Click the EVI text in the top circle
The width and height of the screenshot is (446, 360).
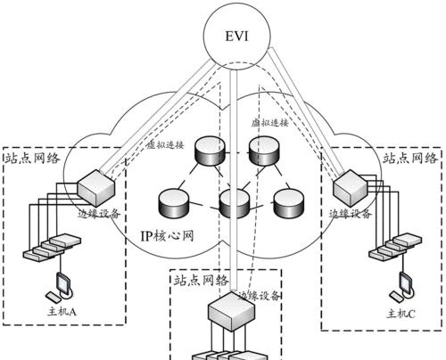(x=236, y=37)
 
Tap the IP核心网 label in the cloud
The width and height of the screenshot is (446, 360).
(x=167, y=236)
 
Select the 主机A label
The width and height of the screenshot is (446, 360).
(x=62, y=311)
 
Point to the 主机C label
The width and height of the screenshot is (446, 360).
(x=401, y=314)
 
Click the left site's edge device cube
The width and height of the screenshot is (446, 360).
(x=95, y=188)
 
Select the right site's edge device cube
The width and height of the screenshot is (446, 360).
(x=351, y=188)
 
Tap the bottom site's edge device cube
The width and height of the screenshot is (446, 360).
(x=231, y=311)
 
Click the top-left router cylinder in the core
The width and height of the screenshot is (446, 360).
(x=210, y=151)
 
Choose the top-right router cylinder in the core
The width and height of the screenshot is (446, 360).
(x=264, y=151)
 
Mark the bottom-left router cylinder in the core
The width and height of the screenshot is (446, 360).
(x=174, y=203)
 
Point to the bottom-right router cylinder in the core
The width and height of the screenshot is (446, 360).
(x=288, y=203)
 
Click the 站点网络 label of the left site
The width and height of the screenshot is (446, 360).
(x=32, y=158)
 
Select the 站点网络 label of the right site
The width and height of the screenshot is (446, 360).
(x=410, y=158)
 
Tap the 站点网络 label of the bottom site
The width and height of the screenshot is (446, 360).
(x=202, y=280)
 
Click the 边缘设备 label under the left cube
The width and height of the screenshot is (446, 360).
(x=99, y=214)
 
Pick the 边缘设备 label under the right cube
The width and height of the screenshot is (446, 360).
(x=351, y=214)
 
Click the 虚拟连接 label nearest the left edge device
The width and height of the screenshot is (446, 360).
(x=165, y=144)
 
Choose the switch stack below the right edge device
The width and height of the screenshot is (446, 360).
(x=395, y=247)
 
